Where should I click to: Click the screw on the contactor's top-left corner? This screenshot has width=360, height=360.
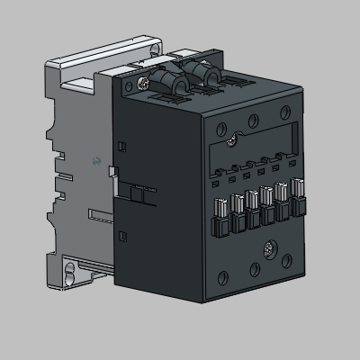pos(145,83)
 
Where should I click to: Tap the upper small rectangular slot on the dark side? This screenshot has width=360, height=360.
pos(122,143)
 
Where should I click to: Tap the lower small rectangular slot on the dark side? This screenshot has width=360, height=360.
pos(122,236)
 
